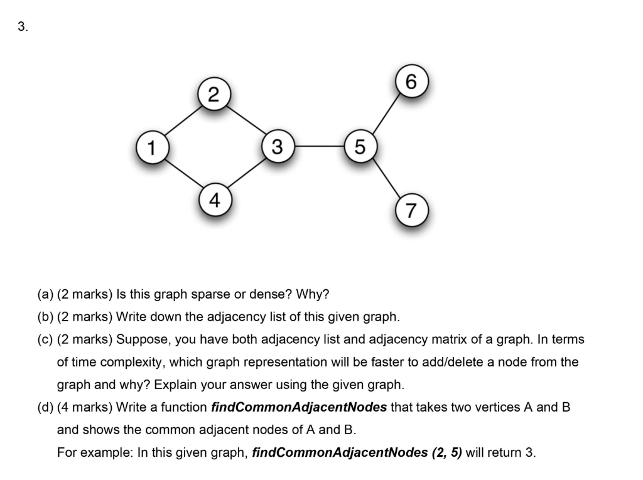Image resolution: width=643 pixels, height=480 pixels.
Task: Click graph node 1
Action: tap(151, 147)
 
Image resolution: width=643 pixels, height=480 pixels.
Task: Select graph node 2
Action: tap(214, 95)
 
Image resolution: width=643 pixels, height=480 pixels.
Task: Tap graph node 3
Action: tap(277, 147)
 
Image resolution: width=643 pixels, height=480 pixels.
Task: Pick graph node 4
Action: tap(214, 200)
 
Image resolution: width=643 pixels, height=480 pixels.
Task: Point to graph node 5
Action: tap(359, 147)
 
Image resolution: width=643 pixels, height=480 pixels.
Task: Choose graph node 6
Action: tap(411, 82)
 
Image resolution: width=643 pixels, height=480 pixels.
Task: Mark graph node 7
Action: tap(411, 211)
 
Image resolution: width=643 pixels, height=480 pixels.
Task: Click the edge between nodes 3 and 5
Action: tap(318, 147)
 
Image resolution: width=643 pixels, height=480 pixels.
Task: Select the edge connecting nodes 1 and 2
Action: tap(183, 121)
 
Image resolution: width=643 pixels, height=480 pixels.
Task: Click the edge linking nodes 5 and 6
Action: tap(385, 114)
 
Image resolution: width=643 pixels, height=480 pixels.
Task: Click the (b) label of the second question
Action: tap(45, 317)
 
